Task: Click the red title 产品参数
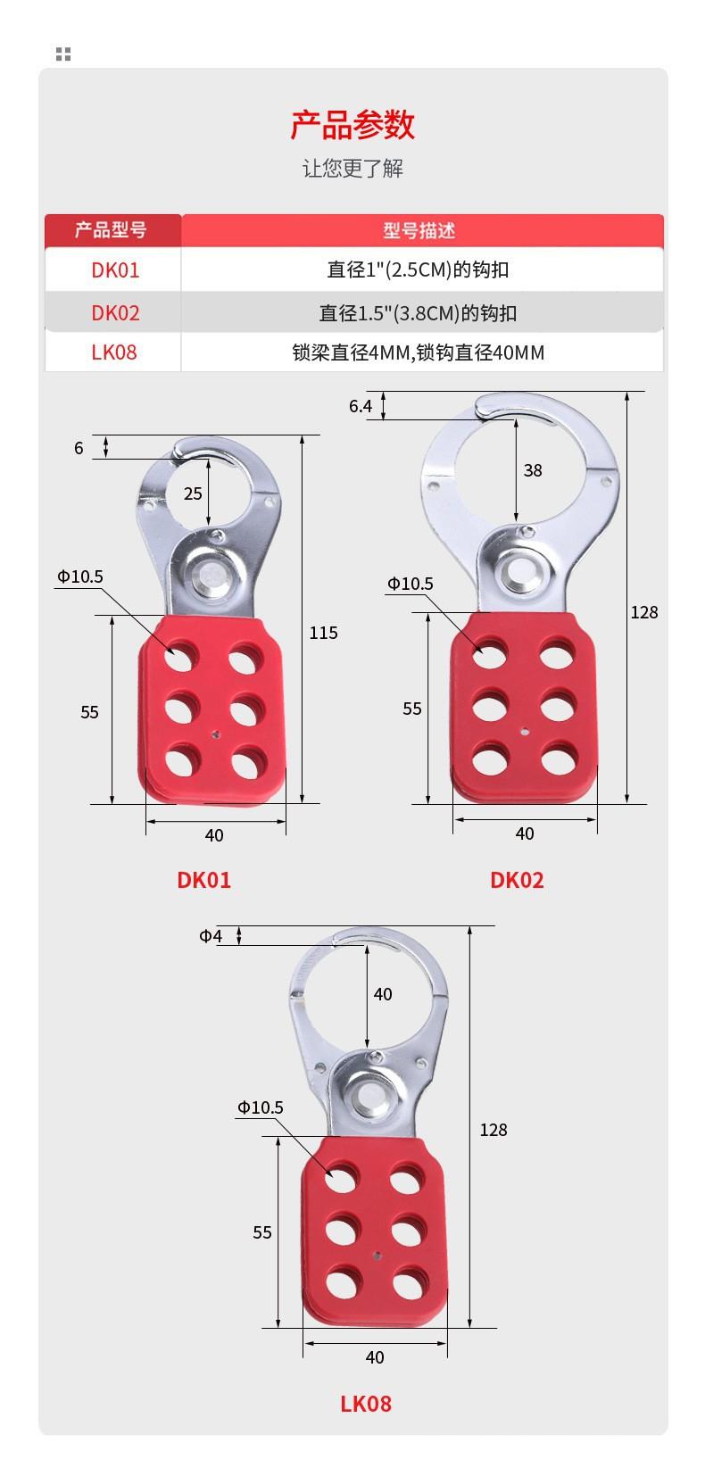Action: tap(352, 125)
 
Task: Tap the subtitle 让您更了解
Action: tap(352, 169)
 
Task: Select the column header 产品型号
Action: tap(111, 230)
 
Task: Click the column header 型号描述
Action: tap(419, 230)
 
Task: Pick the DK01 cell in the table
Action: tap(115, 270)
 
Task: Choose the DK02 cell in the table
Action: tap(115, 313)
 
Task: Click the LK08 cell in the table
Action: tap(114, 352)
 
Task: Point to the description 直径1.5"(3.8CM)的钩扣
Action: tap(418, 313)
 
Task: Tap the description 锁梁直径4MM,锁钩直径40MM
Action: tap(419, 353)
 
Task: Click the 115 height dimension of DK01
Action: tap(324, 634)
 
